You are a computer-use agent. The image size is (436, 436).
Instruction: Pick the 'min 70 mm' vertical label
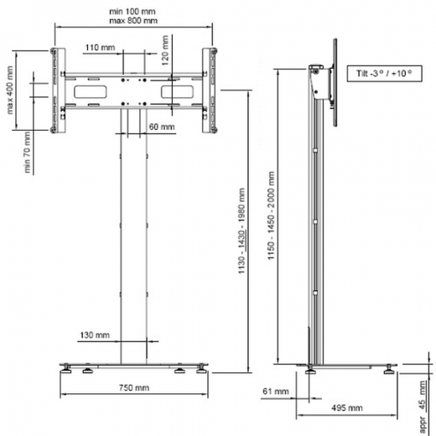[28, 151]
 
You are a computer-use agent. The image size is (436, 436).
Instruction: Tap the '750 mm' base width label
[134, 388]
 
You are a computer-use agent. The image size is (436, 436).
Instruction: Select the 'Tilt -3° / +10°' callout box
[381, 75]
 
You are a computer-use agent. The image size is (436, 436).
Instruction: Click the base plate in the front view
[134, 366]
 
